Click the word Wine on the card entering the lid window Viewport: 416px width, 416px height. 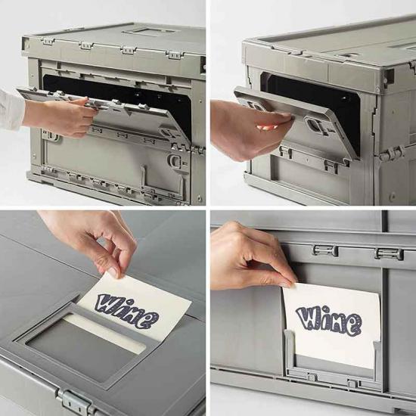(127, 310)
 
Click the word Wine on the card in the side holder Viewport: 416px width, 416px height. (329, 320)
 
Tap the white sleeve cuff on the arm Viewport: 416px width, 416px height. (11, 110)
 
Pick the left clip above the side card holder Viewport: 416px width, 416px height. (325, 250)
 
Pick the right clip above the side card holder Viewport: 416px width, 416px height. (389, 253)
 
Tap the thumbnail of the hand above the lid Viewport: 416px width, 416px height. (113, 272)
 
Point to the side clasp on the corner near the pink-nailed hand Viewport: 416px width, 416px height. (391, 153)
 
